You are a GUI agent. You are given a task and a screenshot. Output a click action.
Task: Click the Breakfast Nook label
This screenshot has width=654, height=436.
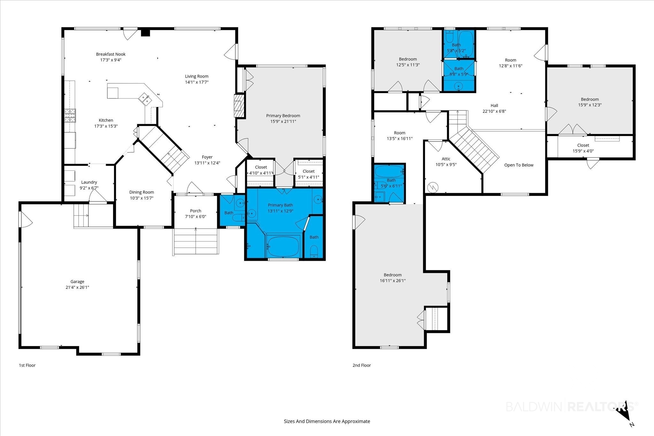tap(111, 54)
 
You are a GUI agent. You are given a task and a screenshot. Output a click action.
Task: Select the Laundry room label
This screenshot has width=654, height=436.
tap(89, 182)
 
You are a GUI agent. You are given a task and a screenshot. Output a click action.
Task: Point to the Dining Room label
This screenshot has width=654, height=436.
tap(141, 192)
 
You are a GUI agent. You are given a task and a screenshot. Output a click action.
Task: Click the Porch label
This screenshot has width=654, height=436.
tap(196, 211)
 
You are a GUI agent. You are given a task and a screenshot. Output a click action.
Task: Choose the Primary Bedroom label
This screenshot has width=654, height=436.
tap(283, 116)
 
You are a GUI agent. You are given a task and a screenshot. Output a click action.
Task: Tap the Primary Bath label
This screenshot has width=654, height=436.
tap(280, 205)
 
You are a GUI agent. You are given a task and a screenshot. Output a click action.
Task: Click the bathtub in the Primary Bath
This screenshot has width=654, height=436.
tap(284, 246)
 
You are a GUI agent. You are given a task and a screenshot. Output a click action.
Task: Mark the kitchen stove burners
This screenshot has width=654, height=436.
tap(71, 116)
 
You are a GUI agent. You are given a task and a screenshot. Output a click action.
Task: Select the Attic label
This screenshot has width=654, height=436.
tap(446, 159)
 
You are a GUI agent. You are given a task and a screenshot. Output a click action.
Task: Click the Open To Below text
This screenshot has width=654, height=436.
tap(519, 165)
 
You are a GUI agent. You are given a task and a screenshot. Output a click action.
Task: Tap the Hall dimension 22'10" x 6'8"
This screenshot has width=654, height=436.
tap(494, 111)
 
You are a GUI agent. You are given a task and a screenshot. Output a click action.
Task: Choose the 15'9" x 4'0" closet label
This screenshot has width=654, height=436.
tap(583, 151)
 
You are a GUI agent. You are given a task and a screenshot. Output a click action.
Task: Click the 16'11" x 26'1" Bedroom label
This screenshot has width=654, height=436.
tap(393, 281)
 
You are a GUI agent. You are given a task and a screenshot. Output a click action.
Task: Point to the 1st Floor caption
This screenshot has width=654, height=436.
tap(27, 365)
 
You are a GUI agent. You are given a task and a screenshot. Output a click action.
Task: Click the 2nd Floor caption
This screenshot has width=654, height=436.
tap(361, 365)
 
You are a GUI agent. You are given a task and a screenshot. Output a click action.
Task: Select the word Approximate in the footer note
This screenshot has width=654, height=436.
tap(356, 421)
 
